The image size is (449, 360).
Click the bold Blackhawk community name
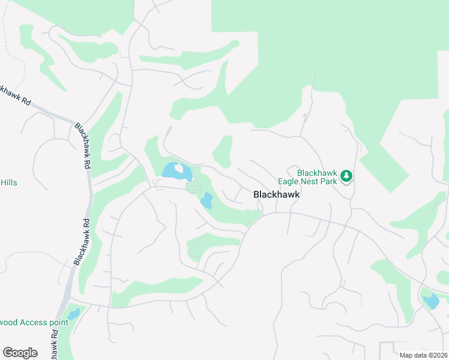pyautogui.click(x=276, y=194)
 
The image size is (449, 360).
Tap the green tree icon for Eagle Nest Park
pyautogui.click(x=346, y=176)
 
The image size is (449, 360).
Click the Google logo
pyautogui.click(x=20, y=352)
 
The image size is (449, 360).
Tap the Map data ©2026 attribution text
pyautogui.click(x=423, y=355)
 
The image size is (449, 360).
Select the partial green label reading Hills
pyautogui.click(x=8, y=182)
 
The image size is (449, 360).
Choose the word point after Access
pyautogui.click(x=59, y=322)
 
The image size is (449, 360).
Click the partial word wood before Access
pyautogui.click(x=8, y=322)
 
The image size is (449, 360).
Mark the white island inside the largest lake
pyautogui.click(x=179, y=169)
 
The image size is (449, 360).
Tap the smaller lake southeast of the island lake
pyautogui.click(x=206, y=200)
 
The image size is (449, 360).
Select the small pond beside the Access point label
pyautogui.click(x=73, y=314)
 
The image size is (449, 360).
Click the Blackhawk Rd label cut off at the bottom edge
pyautogui.click(x=54, y=347)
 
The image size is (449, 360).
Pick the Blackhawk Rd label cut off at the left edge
pyautogui.click(x=16, y=95)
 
